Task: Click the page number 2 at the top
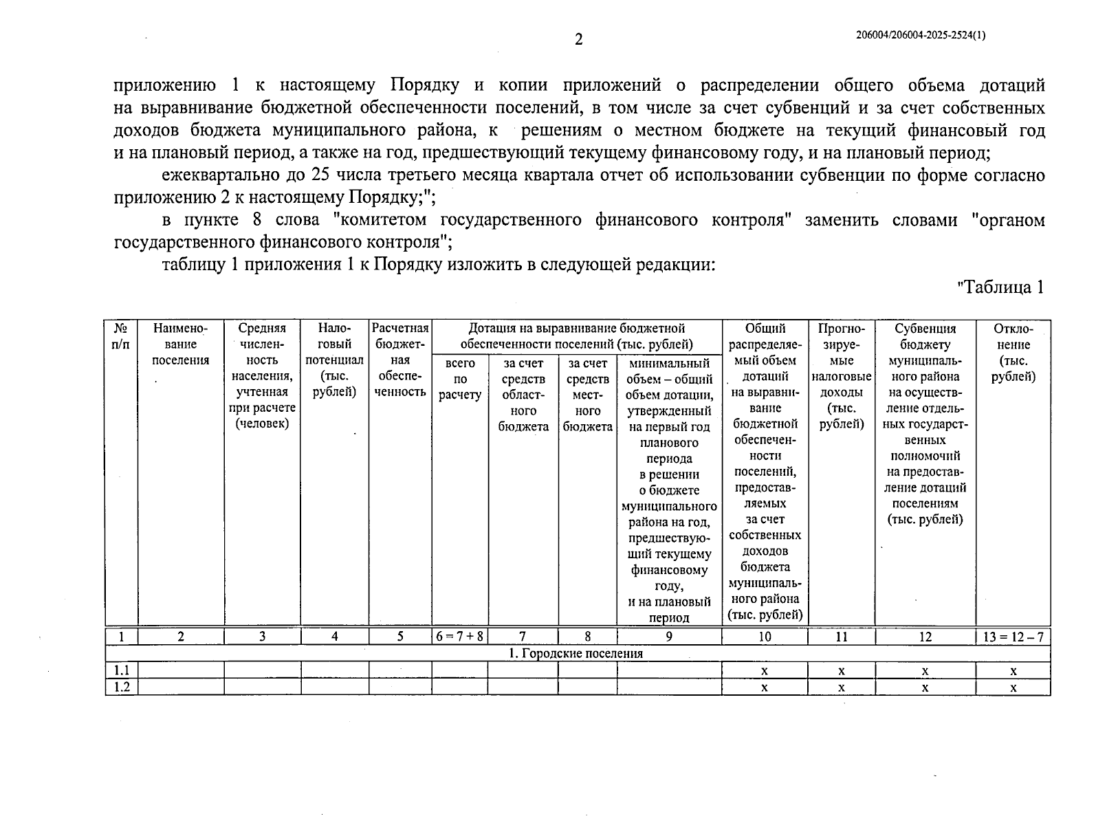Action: coord(578,40)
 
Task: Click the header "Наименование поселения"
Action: coord(180,344)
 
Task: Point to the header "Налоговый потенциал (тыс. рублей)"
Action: coord(334,360)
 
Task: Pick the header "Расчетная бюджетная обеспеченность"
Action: coord(400,360)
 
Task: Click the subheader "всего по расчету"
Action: coord(459,379)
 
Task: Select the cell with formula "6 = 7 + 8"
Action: coord(459,637)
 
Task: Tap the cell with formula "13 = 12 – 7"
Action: coord(1013,637)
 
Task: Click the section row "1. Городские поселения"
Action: coord(576,653)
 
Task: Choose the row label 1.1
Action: coord(122,670)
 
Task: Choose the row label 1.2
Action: coord(122,687)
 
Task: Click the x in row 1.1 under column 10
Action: coord(764,671)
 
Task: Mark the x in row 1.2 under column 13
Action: coord(1013,687)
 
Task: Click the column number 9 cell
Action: coord(668,637)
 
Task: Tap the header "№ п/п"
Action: coord(120,336)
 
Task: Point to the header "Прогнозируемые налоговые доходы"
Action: coord(842,376)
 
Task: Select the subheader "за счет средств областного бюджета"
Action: coord(523,395)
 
